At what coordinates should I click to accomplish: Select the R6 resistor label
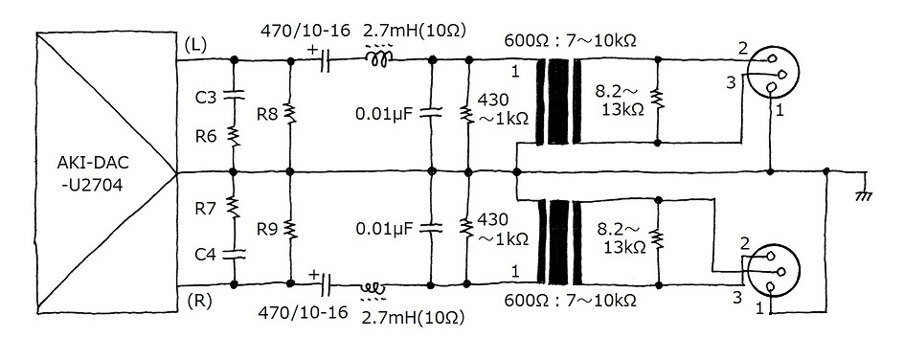point(205,137)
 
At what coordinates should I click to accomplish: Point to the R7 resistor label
point(205,209)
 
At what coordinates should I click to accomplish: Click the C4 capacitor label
point(205,254)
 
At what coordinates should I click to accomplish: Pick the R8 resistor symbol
point(290,114)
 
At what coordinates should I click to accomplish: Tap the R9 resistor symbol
point(290,229)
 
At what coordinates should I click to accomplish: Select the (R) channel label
point(196,301)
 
